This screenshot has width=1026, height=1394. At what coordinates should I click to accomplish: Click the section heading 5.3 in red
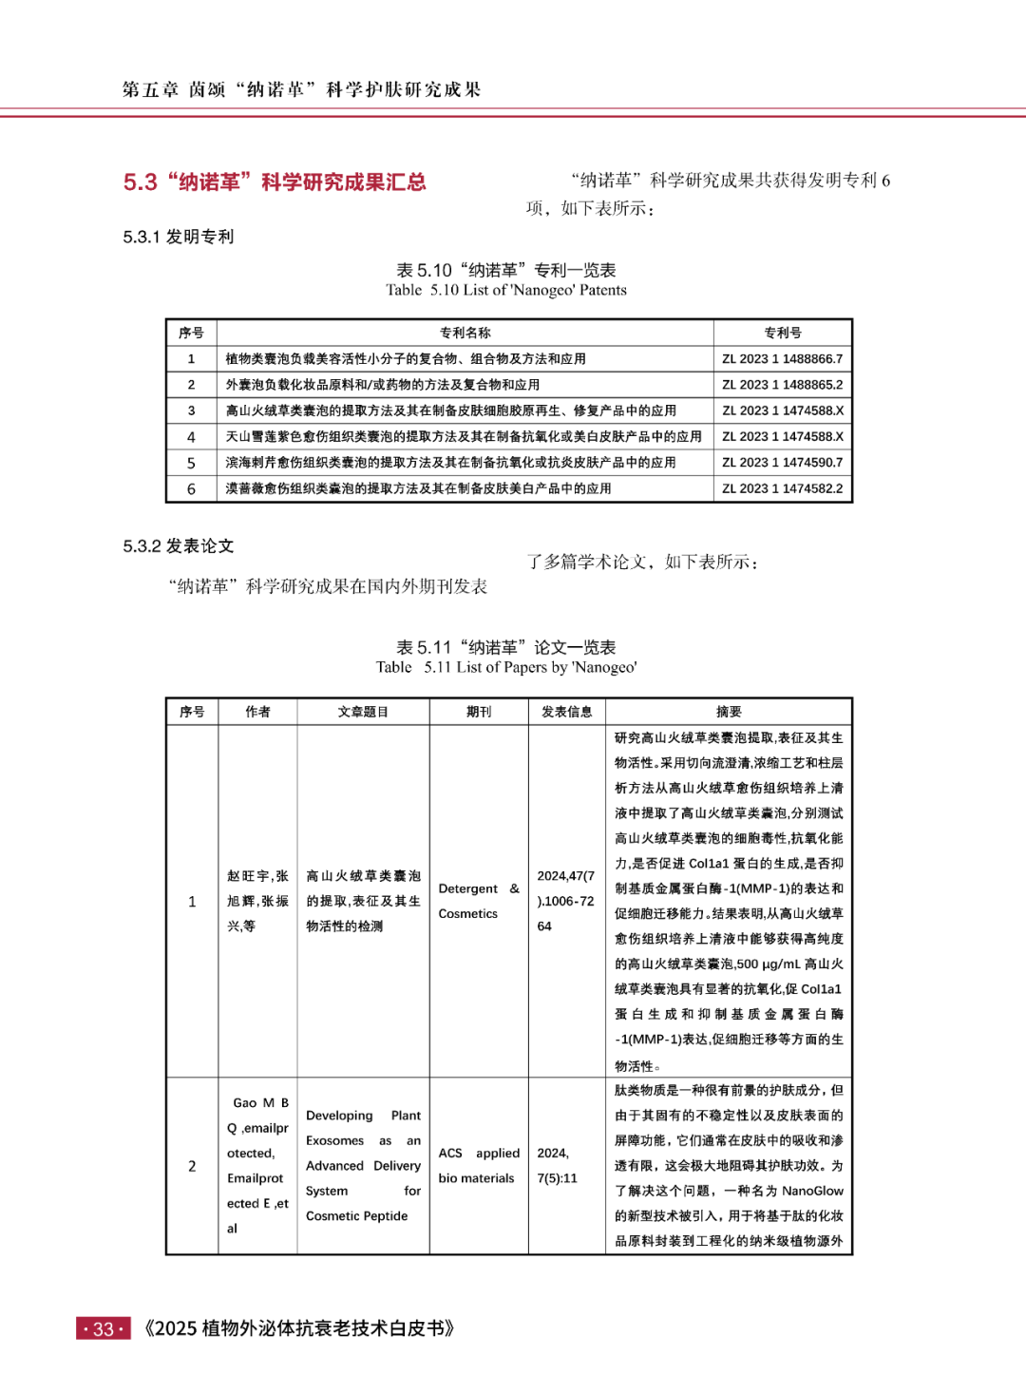tap(275, 182)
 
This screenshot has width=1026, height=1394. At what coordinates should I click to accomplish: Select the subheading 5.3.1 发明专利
tap(179, 237)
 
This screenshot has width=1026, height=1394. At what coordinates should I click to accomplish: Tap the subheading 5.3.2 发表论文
tap(179, 546)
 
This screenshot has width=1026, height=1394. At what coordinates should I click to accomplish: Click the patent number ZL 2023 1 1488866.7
tap(782, 359)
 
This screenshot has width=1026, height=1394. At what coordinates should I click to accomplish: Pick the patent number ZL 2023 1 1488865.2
tap(782, 385)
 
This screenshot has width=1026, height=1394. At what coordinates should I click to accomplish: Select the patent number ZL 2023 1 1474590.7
tap(782, 463)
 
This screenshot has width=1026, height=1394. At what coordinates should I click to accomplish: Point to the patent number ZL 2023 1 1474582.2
tap(782, 488)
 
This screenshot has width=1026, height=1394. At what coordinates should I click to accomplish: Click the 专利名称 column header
tap(465, 333)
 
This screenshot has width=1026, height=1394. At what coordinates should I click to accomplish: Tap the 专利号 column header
tap(782, 333)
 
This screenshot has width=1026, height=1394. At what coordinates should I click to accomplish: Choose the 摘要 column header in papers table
tap(729, 712)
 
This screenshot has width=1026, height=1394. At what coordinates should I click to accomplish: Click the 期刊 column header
tap(479, 712)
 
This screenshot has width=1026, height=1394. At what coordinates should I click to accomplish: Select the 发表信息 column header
tap(566, 712)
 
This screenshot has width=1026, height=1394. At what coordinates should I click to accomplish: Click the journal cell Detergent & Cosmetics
tap(479, 901)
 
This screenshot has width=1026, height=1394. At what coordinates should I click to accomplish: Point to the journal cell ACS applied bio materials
tap(479, 1166)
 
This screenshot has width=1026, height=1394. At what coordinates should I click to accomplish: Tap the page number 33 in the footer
tap(104, 1329)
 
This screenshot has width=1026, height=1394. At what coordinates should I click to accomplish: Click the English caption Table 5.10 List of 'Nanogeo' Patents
tap(506, 291)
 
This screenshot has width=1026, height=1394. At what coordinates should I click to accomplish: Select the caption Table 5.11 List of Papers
tap(506, 668)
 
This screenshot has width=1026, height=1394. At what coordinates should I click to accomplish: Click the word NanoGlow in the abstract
tap(812, 1191)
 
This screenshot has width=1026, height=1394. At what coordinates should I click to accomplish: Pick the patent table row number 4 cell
tap(191, 437)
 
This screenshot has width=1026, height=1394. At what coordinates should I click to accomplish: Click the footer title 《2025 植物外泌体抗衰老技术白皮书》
tap(299, 1329)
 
